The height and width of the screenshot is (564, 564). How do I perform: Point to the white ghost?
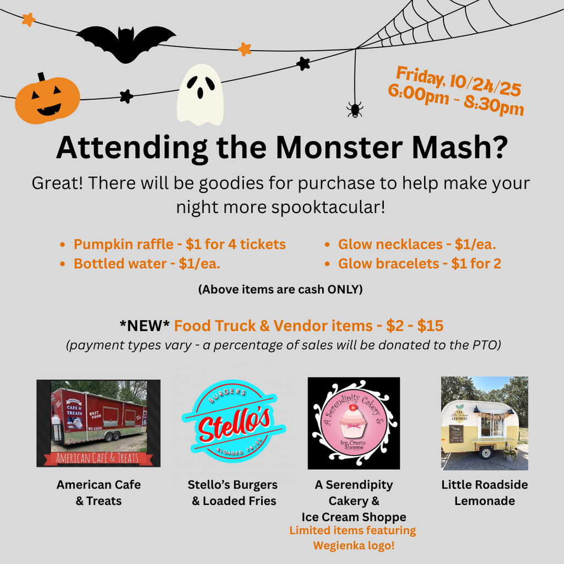200,95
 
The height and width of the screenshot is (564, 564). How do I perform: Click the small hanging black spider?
355,109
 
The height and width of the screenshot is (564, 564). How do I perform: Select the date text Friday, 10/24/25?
458,80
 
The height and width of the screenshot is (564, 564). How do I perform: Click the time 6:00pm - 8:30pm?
455,101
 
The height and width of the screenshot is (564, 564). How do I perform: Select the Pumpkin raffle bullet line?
180,244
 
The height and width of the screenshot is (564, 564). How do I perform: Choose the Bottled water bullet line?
147,264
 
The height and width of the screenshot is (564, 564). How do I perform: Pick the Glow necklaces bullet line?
417,244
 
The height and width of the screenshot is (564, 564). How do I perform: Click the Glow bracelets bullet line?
419,264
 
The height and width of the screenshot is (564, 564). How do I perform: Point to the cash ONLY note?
280,289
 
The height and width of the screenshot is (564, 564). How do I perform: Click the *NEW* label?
145,326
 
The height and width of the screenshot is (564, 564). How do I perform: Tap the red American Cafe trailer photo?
99,423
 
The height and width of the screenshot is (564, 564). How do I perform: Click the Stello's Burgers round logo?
233,423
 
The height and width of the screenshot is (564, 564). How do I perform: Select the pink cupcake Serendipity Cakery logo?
354,423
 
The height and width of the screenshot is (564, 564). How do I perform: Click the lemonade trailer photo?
484,423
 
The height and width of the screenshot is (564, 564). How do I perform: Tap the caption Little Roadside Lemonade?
484,492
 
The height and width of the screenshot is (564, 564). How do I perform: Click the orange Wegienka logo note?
353,538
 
